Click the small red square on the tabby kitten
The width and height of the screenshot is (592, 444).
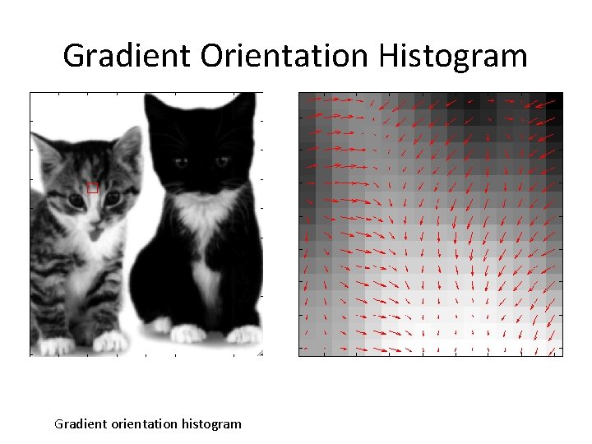[x=92, y=187]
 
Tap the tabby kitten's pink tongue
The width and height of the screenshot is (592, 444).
[x=95, y=234]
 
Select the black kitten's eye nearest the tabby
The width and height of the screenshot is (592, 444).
[x=180, y=162]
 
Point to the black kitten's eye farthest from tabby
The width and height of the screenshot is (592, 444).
[x=221, y=162]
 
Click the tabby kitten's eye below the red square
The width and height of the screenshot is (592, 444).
[x=76, y=200]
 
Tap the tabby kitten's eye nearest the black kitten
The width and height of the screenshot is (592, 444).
[x=113, y=197]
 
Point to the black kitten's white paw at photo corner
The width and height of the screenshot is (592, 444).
[x=244, y=335]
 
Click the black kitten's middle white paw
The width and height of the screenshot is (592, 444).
[x=188, y=333]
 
